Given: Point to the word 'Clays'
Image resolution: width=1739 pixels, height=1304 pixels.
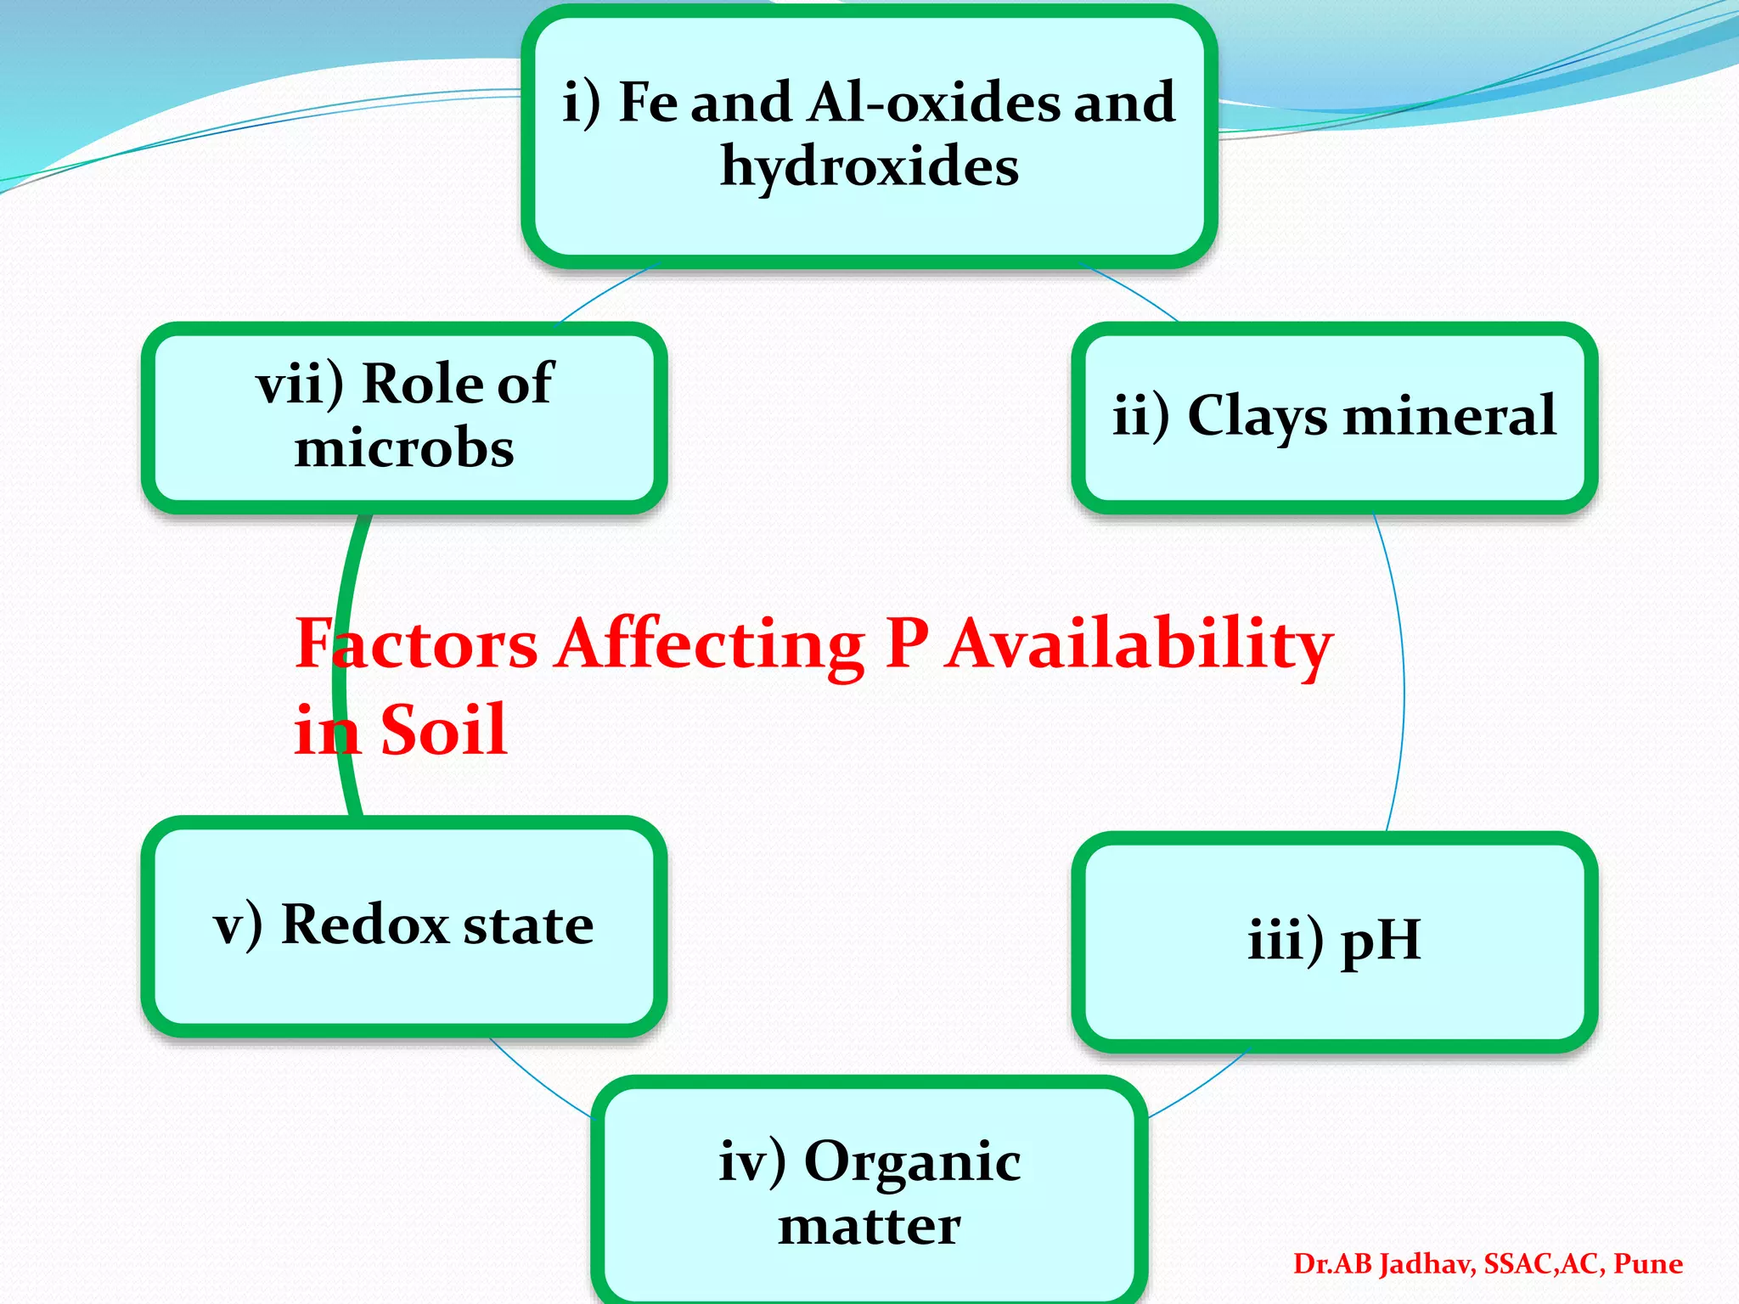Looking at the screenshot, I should tap(1257, 417).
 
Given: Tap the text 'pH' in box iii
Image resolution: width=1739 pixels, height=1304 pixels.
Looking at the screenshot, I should tap(1381, 941).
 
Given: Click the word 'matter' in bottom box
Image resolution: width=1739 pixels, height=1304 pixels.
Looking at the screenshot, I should tap(869, 1227).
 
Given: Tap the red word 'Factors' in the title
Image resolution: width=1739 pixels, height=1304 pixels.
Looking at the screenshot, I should tap(416, 645).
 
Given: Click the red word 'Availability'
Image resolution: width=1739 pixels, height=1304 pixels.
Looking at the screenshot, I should tap(1138, 645).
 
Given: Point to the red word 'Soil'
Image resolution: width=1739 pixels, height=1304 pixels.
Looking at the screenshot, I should tap(443, 730).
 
